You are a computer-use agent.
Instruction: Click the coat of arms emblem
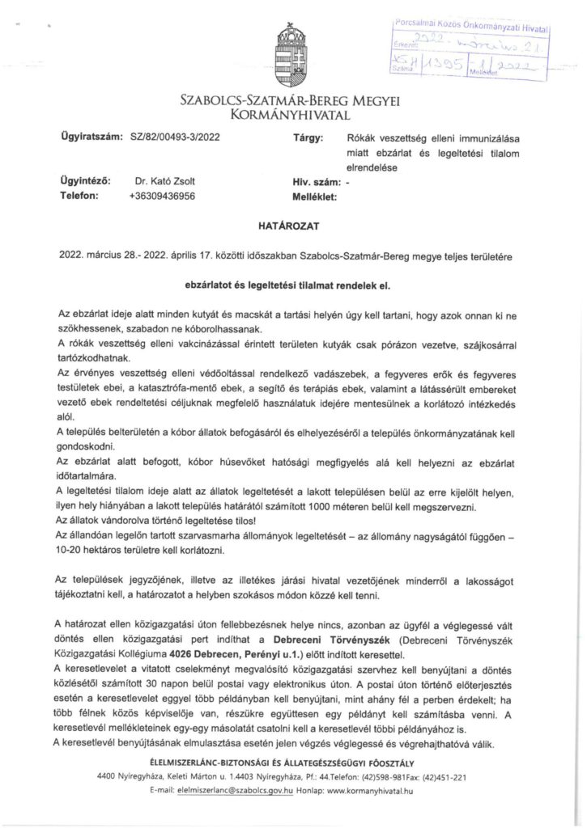point(293,53)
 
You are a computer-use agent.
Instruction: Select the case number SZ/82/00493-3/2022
point(173,137)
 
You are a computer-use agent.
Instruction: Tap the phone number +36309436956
point(161,195)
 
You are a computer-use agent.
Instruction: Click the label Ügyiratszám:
point(91,137)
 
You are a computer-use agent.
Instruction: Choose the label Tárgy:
point(308,137)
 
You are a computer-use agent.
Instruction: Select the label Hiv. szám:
point(317,181)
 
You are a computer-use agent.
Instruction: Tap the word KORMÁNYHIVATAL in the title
point(293,116)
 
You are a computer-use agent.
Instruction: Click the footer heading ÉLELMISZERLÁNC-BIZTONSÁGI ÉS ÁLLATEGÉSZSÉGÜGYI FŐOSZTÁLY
point(292,763)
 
